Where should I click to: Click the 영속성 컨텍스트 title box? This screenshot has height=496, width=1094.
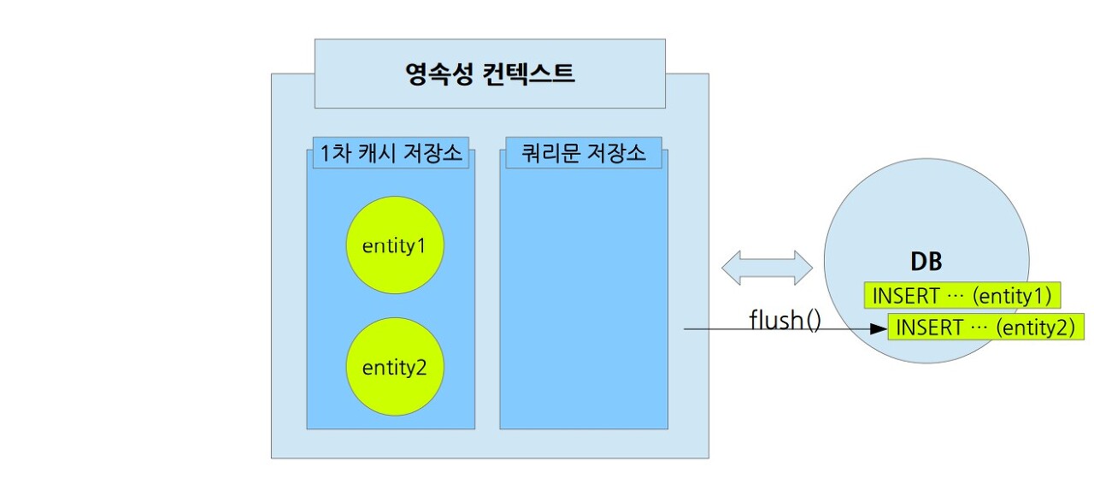490,74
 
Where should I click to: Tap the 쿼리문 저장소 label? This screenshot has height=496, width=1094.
584,154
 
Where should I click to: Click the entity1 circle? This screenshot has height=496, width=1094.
394,246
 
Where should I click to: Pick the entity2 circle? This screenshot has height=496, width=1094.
394,368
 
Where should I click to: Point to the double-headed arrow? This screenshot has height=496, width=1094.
767,268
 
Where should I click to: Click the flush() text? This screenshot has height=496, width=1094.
785,321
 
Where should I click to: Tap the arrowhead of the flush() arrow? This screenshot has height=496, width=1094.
879,328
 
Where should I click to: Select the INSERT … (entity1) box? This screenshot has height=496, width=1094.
962,296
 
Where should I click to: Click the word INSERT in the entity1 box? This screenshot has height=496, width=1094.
905,296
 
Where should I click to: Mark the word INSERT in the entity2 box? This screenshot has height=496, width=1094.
929,327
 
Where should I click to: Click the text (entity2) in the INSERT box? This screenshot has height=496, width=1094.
1035,327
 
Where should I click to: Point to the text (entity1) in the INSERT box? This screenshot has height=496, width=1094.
1012,296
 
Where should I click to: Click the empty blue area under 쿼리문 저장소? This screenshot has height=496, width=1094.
584,299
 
